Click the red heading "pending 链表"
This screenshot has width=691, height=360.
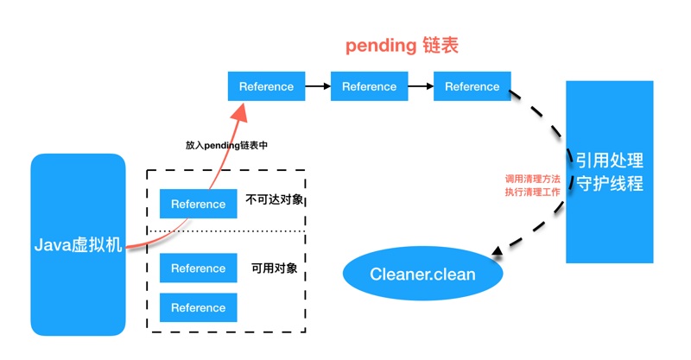pos(402,46)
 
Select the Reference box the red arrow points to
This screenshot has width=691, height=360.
pos(266,86)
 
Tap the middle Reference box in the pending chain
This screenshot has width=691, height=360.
pos(369,86)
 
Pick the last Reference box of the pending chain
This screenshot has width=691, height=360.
pos(472,86)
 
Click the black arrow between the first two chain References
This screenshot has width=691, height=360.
pos(318,86)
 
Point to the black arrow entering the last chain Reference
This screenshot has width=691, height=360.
pos(421,86)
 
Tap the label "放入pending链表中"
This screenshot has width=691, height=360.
pos(226,145)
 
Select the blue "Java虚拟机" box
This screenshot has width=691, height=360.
pos(78,244)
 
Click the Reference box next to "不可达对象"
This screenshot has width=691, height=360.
pos(198,204)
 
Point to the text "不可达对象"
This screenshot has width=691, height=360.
pos(275,199)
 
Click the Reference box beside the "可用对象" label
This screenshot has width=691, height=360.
pos(198,268)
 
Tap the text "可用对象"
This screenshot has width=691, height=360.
pos(274,268)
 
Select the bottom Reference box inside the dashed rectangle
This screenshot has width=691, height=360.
pos(198,307)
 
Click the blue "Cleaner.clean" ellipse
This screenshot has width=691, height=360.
pos(422,275)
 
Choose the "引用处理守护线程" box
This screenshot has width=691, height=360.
pos(609,172)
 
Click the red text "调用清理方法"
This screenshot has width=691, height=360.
pos(532,179)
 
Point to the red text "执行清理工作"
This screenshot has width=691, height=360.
pos(532,193)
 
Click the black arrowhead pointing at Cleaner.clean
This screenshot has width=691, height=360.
pos(498,253)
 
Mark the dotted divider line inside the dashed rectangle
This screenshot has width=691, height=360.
pos(226,231)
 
